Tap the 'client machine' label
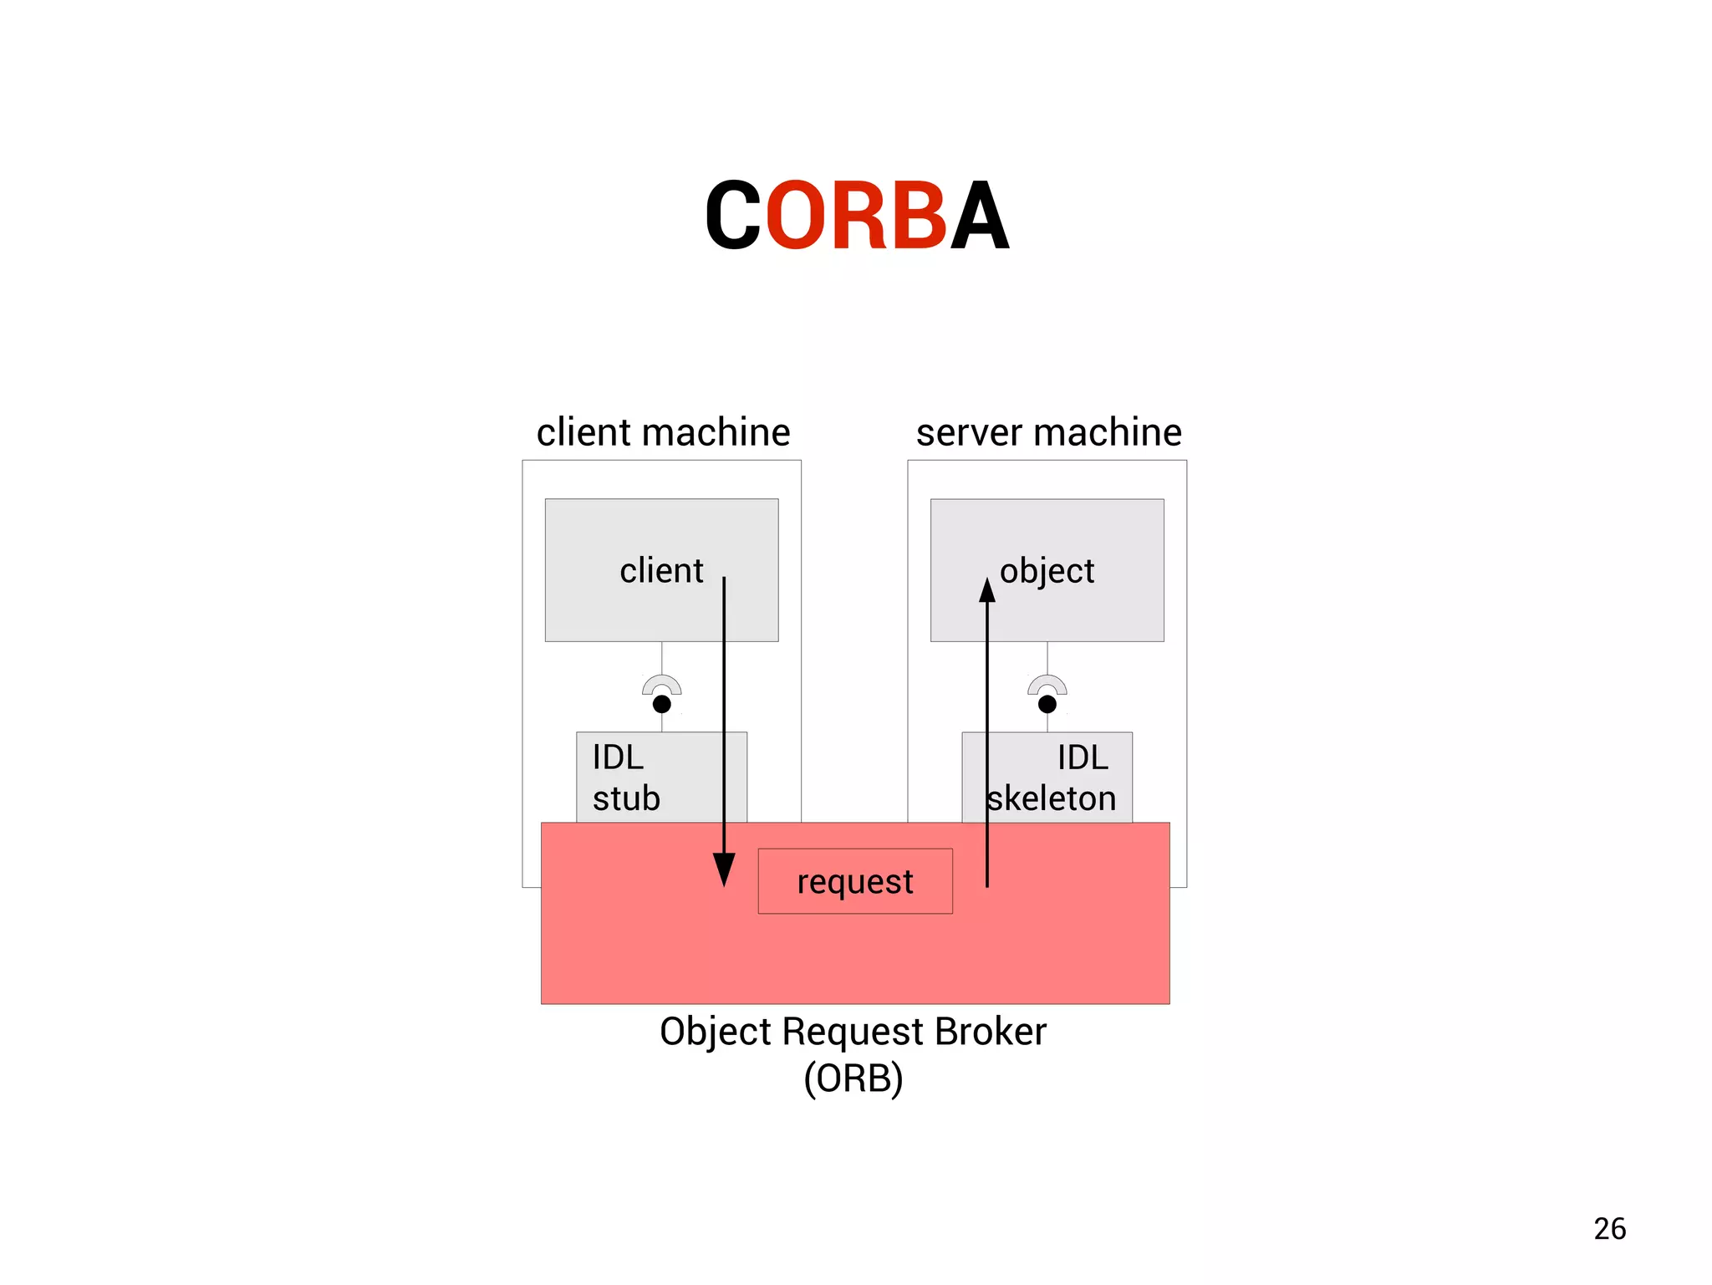pyautogui.click(x=663, y=433)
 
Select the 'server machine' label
pyautogui.click(x=1048, y=433)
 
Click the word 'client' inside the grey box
pyautogui.click(x=661, y=571)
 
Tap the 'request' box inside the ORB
pyautogui.click(x=854, y=881)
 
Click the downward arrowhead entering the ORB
pyautogui.click(x=724, y=869)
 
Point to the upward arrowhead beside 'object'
pyautogui.click(x=987, y=591)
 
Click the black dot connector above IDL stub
pyautogui.click(x=661, y=704)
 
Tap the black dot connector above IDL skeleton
pyautogui.click(x=1047, y=704)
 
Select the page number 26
pyautogui.click(x=1609, y=1229)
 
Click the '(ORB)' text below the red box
pyautogui.click(x=853, y=1078)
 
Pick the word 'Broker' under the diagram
pyautogui.click(x=990, y=1032)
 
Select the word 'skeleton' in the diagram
pyautogui.click(x=1051, y=799)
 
